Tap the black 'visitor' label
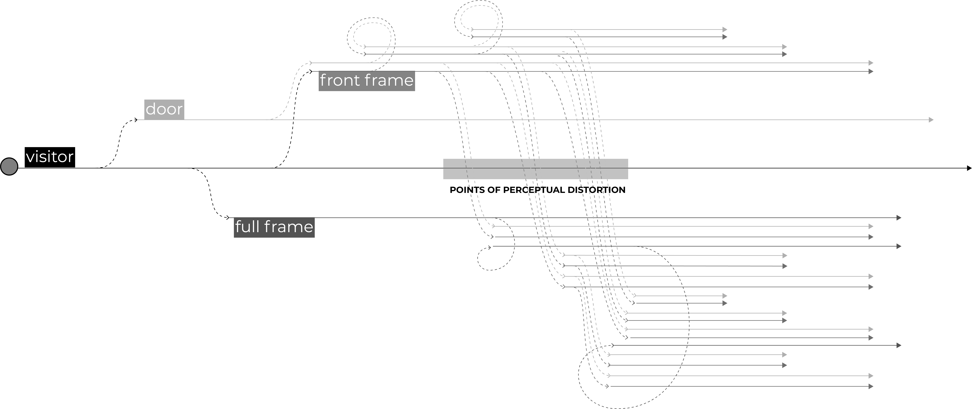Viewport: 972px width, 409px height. pyautogui.click(x=50, y=157)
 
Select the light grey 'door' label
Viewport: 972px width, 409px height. pyautogui.click(x=164, y=109)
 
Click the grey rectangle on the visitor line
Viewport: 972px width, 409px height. pyautogui.click(x=535, y=169)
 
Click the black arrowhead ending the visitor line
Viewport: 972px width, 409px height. pyautogui.click(x=969, y=168)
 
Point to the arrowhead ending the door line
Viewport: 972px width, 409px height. pyautogui.click(x=931, y=120)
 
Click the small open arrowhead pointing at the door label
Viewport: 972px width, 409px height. pyautogui.click(x=136, y=120)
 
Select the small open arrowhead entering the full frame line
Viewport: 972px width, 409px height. pyautogui.click(x=227, y=217)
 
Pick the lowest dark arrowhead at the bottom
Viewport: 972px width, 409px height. pyautogui.click(x=871, y=386)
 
